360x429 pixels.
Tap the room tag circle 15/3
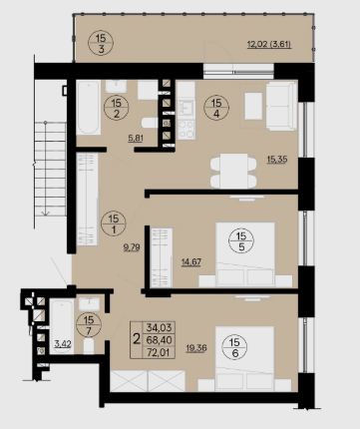pos(101,43)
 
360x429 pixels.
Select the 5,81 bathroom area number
pos(136,138)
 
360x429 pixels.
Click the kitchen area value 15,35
pos(277,160)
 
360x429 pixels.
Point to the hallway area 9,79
pos(132,247)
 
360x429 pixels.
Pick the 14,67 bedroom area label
pos(191,262)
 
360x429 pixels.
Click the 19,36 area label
pos(196,348)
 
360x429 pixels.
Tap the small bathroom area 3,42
pos(63,343)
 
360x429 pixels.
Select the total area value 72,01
pos(160,352)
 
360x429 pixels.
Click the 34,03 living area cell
pos(160,327)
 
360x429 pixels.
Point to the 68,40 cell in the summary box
pos(160,340)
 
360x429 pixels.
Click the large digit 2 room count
pos(137,339)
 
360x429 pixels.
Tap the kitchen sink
pos(185,108)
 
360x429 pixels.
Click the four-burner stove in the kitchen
pos(185,130)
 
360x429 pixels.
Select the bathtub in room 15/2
pos(89,108)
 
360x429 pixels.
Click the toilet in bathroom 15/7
pos(89,346)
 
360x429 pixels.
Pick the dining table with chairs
pos(233,171)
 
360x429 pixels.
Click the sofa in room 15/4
pos(281,106)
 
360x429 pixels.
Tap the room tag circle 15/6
pos(234,347)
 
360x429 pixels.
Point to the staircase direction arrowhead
pos(46,214)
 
